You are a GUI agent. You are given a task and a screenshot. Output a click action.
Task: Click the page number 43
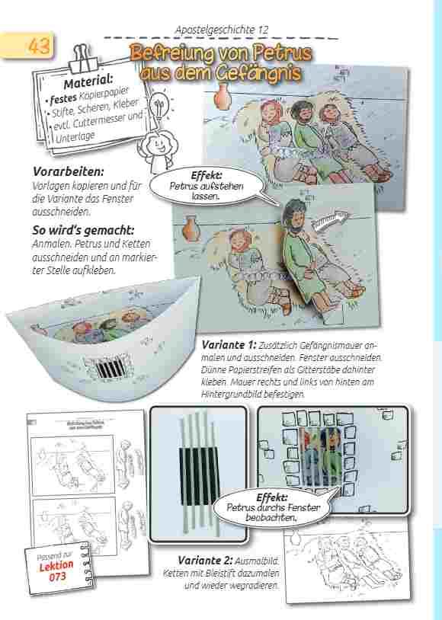(x=39, y=46)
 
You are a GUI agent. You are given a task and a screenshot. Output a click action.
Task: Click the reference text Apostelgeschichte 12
(x=222, y=30)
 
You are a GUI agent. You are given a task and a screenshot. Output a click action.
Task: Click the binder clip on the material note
(x=83, y=58)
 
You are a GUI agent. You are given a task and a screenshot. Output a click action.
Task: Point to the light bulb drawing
(x=160, y=105)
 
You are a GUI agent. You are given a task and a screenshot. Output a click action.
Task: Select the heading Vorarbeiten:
(x=68, y=171)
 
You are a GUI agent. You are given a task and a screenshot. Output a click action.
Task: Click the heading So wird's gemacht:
(x=83, y=230)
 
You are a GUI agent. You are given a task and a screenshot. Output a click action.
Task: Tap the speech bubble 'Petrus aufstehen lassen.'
(x=207, y=186)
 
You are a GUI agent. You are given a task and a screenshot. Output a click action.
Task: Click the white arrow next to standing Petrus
(x=330, y=221)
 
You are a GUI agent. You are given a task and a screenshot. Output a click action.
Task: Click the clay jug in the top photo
(x=222, y=96)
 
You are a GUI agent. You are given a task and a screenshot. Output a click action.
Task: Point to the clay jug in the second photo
(x=190, y=228)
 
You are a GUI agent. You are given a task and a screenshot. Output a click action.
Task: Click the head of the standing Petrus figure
(x=295, y=216)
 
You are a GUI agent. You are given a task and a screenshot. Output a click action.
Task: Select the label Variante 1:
(x=229, y=344)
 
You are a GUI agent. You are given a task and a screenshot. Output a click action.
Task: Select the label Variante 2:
(x=205, y=560)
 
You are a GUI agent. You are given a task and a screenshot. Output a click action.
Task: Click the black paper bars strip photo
(x=198, y=474)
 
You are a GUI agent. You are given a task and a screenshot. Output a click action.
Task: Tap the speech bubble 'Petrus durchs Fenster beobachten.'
(x=273, y=507)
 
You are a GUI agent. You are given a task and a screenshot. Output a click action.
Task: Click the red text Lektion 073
(x=56, y=571)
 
